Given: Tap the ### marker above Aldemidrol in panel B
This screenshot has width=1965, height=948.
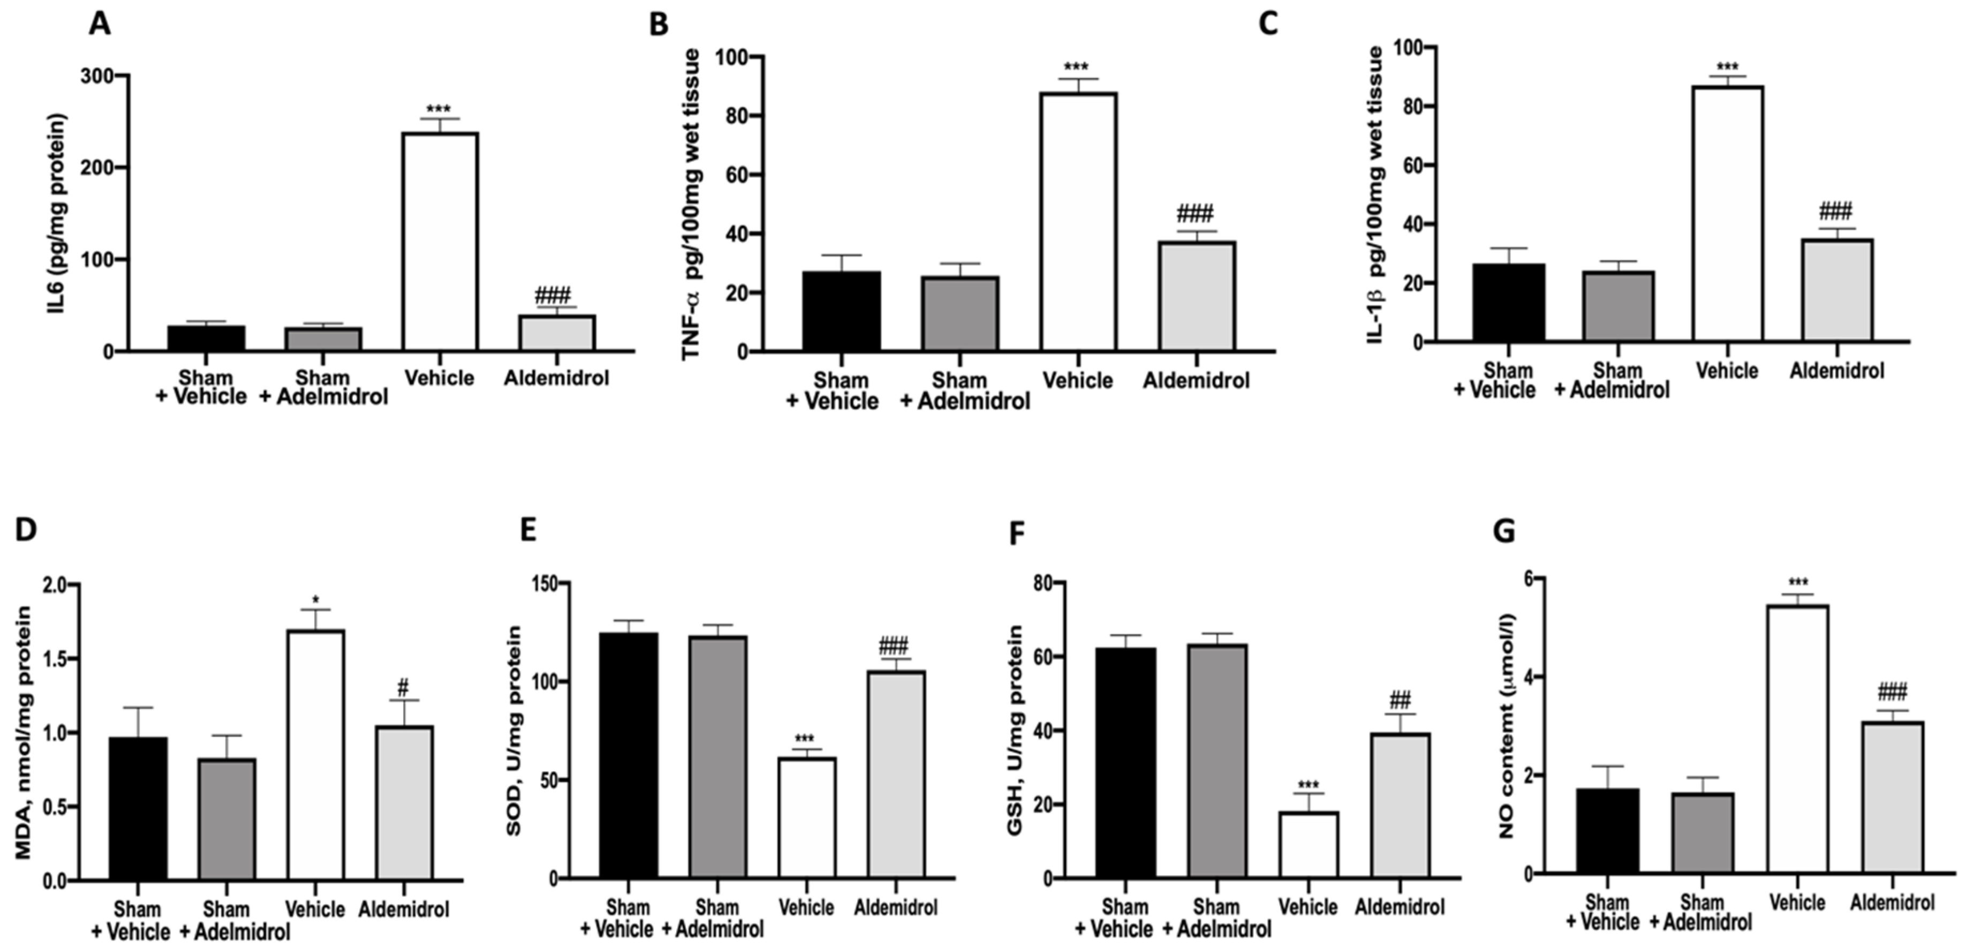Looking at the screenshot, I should coord(1195,214).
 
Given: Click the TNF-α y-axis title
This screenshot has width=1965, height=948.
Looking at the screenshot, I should coord(692,205).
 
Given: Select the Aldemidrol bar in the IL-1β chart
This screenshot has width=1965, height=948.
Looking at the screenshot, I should coord(1837,290).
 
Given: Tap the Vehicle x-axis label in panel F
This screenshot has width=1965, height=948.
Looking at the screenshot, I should coord(1308,907).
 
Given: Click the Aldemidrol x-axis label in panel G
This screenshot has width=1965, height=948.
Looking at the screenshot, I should coord(1892,903).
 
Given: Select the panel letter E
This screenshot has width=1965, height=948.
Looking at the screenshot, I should coord(528,530).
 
